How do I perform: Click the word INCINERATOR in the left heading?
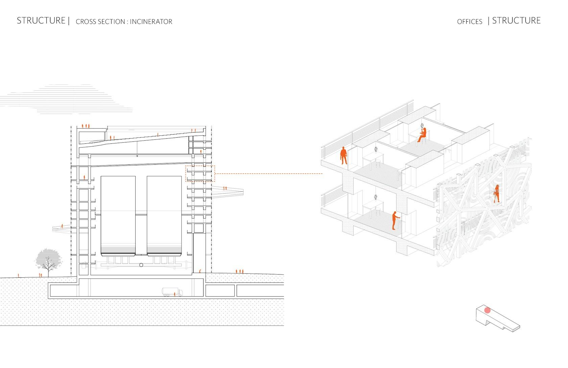click(x=151, y=22)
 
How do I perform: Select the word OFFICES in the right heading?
click(x=470, y=22)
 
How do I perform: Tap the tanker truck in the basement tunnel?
click(x=172, y=292)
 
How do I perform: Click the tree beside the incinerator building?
click(x=48, y=262)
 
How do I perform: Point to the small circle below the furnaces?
click(x=141, y=265)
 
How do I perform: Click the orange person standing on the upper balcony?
click(x=344, y=156)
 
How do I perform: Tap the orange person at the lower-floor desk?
click(x=395, y=221)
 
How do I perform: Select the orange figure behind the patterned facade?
click(x=497, y=193)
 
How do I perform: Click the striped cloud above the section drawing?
click(x=66, y=99)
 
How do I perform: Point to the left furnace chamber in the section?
click(x=118, y=216)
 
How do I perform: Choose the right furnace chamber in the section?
click(x=164, y=216)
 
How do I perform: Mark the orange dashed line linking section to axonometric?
click(x=269, y=174)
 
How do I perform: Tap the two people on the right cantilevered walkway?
click(x=225, y=188)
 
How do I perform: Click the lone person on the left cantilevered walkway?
click(x=62, y=226)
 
